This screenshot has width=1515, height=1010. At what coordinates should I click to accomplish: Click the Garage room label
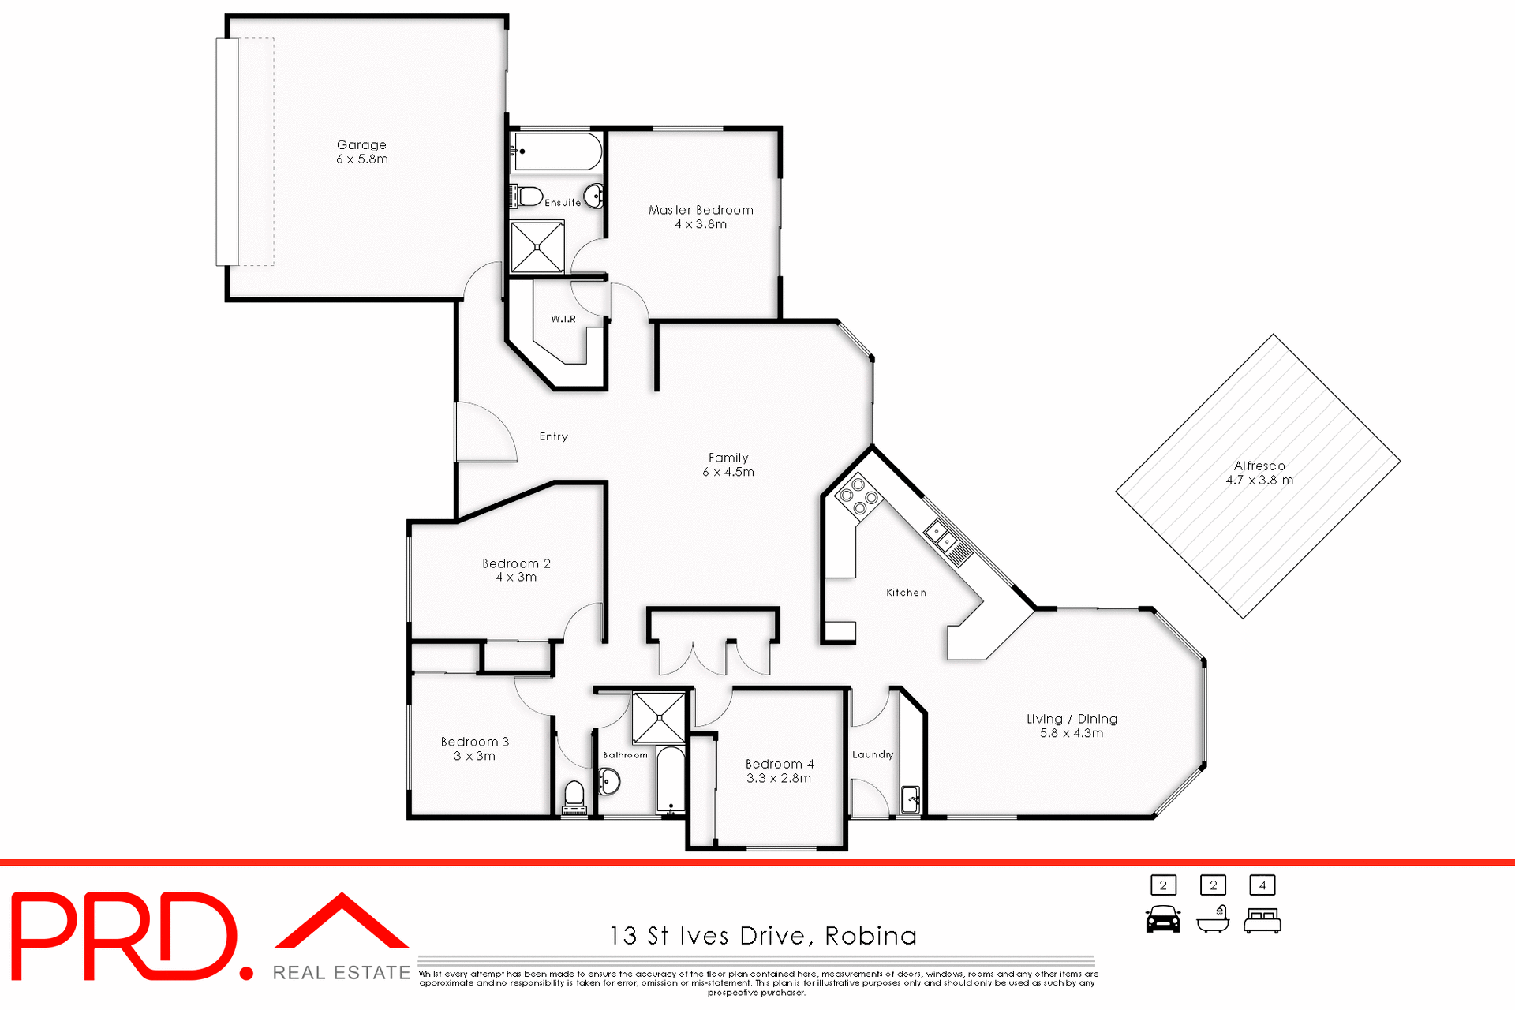click(361, 151)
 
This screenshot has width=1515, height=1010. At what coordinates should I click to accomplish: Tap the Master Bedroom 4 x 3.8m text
click(701, 217)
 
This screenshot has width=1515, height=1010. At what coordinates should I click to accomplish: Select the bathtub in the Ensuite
click(557, 151)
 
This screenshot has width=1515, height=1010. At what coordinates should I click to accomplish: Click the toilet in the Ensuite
click(528, 196)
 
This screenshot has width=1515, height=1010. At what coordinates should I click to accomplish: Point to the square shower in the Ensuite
click(537, 248)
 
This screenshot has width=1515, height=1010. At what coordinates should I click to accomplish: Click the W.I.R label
click(563, 319)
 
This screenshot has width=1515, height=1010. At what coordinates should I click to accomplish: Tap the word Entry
click(553, 436)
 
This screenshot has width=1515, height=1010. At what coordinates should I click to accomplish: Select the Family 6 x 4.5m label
click(728, 465)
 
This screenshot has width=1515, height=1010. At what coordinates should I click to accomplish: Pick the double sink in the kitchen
click(942, 536)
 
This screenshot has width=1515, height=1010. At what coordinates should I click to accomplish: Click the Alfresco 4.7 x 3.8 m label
click(1259, 473)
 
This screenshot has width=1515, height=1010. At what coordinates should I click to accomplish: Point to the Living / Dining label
click(1071, 725)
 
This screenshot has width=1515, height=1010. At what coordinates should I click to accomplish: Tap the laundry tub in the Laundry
click(910, 799)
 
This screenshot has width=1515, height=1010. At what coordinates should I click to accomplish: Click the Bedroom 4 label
click(779, 771)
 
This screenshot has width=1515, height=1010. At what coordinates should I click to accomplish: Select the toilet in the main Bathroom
click(574, 795)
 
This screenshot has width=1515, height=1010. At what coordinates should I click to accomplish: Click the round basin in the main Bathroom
click(609, 783)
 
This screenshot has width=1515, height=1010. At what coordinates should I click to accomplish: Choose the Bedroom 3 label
click(474, 749)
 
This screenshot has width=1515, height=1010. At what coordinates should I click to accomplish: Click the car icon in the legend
click(1162, 919)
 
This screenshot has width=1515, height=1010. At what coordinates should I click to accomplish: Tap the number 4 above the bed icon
click(1262, 885)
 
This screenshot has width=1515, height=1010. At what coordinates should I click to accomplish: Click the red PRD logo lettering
click(126, 937)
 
